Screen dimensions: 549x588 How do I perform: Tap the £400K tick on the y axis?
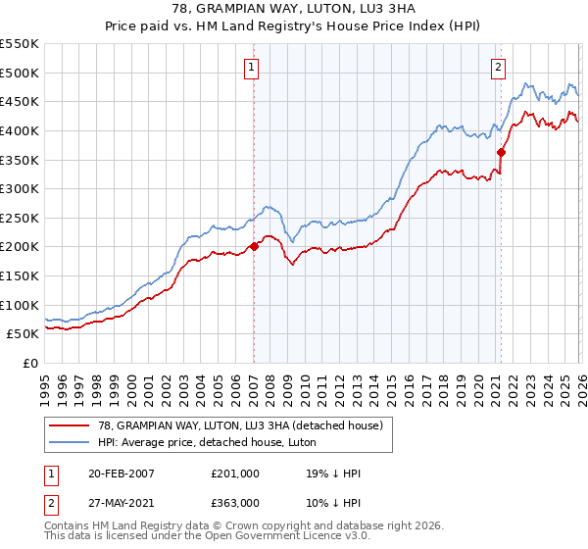pos(20,130)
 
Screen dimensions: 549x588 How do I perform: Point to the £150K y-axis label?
pos(20,275)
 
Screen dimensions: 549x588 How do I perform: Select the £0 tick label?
pos(30,363)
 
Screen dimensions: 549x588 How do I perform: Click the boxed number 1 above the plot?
pos(252,68)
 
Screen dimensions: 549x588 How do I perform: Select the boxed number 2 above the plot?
pos(499,68)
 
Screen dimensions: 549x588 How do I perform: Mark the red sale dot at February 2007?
pos(254,246)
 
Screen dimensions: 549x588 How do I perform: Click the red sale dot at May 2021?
pos(501,152)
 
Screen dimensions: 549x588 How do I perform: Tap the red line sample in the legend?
pos(71,425)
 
